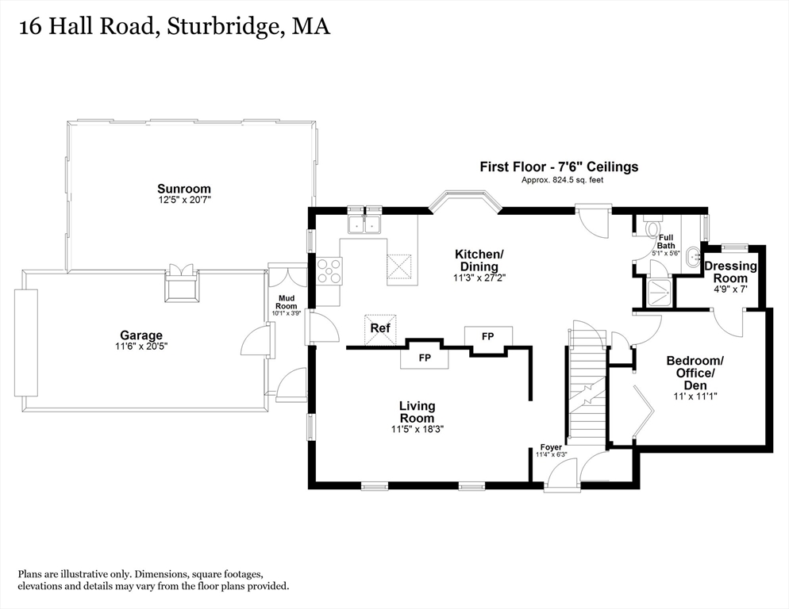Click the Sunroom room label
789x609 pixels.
pyautogui.click(x=183, y=189)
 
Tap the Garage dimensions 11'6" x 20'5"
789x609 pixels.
pyautogui.click(x=141, y=347)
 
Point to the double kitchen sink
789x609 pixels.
pyautogui.click(x=364, y=224)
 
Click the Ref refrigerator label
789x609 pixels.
pyautogui.click(x=380, y=328)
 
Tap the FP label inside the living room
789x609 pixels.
pyautogui.click(x=425, y=358)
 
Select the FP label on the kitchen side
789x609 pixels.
pyautogui.click(x=487, y=336)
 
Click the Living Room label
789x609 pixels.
pyautogui.click(x=418, y=412)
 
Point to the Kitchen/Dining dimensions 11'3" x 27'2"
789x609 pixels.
pyautogui.click(x=479, y=277)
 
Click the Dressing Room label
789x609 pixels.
pyautogui.click(x=730, y=272)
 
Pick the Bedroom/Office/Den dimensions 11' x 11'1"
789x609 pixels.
pyautogui.click(x=695, y=396)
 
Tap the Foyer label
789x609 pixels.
pyautogui.click(x=551, y=447)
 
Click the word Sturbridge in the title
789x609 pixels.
pyautogui.click(x=223, y=27)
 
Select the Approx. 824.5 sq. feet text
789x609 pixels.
pyautogui.click(x=562, y=179)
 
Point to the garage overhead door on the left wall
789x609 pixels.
pyautogui.click(x=25, y=343)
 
